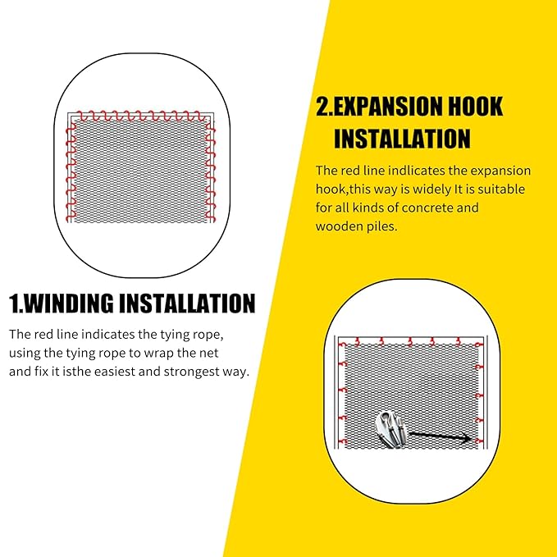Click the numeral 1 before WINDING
click(x=14, y=304)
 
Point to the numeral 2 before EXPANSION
click(x=322, y=107)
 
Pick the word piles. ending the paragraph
click(x=381, y=226)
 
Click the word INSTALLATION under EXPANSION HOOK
click(x=402, y=139)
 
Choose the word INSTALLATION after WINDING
click(x=187, y=304)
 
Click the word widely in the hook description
click(x=443, y=189)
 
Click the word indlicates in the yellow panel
click(x=413, y=171)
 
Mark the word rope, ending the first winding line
click(x=204, y=335)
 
